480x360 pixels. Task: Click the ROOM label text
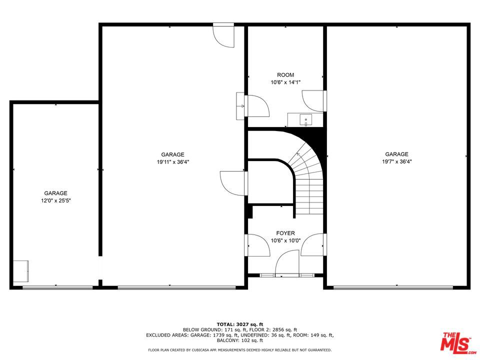(285, 75)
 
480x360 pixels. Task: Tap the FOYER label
(285, 233)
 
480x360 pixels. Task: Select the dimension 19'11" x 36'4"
(172, 161)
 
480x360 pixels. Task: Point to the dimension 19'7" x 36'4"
(396, 161)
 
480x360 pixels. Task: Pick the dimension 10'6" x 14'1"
(285, 82)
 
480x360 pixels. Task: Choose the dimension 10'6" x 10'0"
(285, 240)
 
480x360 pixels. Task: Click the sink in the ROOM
(305, 120)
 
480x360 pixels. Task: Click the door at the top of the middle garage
(223, 35)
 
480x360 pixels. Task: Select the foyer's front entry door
(287, 263)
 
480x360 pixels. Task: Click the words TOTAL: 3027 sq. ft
(240, 324)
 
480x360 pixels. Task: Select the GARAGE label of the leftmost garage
(55, 193)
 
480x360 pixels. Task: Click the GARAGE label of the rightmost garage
(396, 154)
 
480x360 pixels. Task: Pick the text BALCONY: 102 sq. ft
(240, 340)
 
